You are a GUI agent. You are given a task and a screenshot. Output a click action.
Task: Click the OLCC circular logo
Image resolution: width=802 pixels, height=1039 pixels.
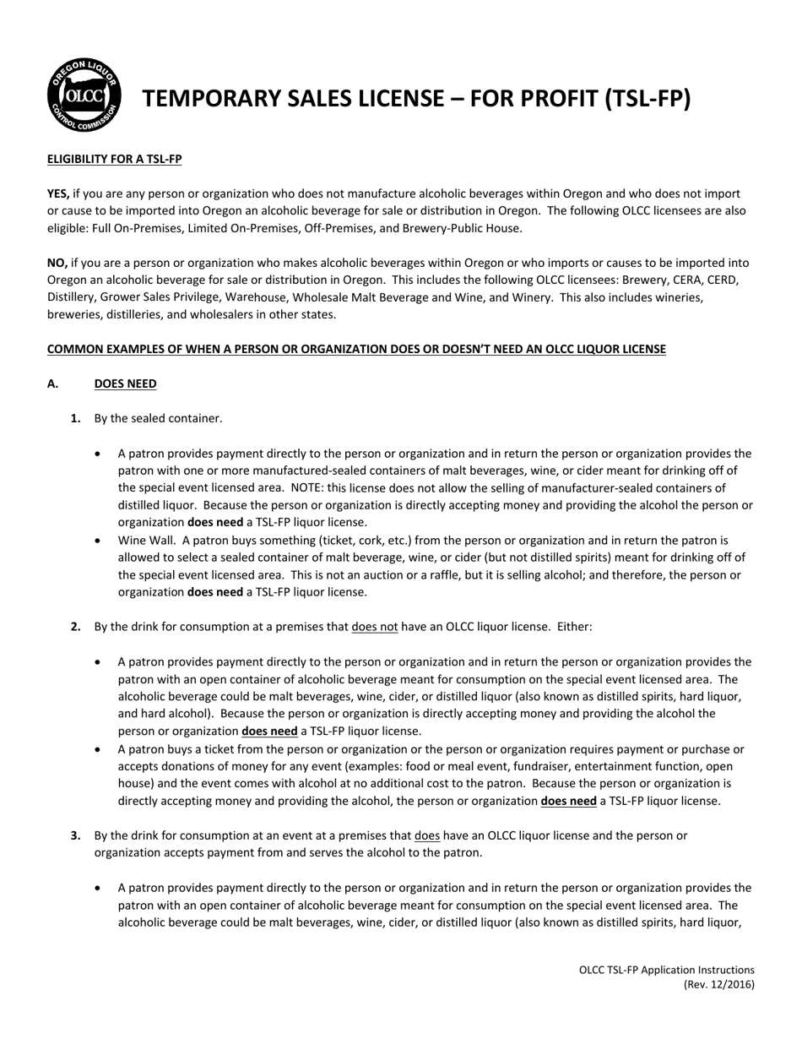coord(84,95)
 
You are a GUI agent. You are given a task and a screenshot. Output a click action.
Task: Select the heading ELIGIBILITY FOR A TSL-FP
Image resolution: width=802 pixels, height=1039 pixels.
coord(114,159)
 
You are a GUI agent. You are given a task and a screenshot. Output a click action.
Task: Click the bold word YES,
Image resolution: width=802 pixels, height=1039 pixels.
coord(58,193)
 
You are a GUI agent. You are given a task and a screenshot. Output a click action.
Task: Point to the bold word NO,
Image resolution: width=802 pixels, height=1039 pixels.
coord(57,263)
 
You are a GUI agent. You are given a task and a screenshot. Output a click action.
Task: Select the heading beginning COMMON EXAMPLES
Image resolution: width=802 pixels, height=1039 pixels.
coord(356,349)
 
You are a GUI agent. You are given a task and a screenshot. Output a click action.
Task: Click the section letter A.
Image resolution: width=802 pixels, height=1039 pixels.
coord(52,384)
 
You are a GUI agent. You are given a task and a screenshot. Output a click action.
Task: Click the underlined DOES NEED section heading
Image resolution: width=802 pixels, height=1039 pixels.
coord(125,384)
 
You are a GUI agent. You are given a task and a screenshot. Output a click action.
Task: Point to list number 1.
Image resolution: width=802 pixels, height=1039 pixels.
coord(76,418)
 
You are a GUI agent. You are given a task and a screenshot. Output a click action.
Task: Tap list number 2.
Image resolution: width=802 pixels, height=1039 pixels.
coord(76,627)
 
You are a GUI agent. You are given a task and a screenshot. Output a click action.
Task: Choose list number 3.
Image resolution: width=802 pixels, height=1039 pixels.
coord(76,835)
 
